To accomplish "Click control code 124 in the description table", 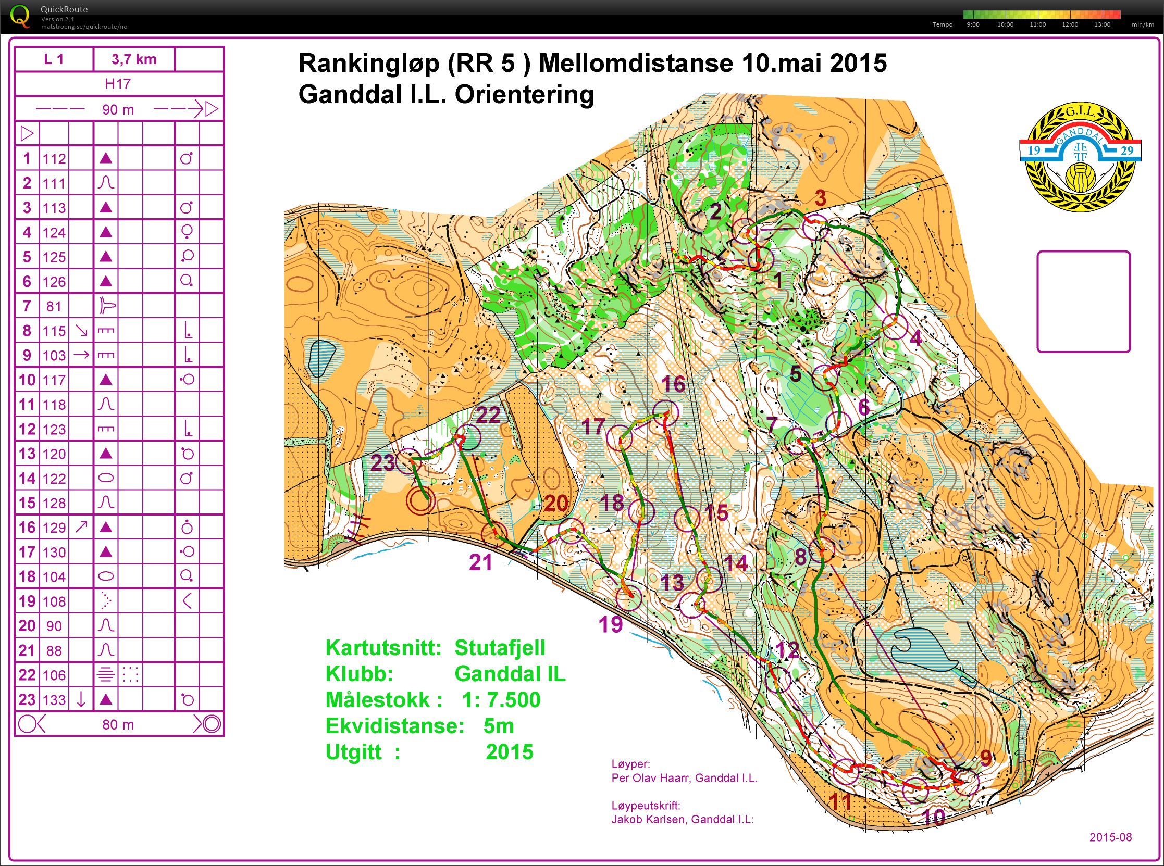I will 54,232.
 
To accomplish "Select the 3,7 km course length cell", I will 134,59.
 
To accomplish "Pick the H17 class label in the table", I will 118,84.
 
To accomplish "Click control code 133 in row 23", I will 54,700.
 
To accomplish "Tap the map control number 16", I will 673,384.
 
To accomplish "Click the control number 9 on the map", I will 986,758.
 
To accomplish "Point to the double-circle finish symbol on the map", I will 420,500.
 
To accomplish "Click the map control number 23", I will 382,463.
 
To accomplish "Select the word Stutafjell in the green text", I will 499,648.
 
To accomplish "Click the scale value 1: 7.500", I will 501,700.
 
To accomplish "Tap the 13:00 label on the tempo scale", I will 1102,24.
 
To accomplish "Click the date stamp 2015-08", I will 1110,837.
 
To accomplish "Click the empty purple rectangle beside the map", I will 1083,302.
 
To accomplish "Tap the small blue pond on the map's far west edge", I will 321,358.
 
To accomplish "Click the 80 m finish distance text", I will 118,724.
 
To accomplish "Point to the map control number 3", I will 820,198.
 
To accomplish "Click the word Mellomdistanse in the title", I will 635,64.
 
